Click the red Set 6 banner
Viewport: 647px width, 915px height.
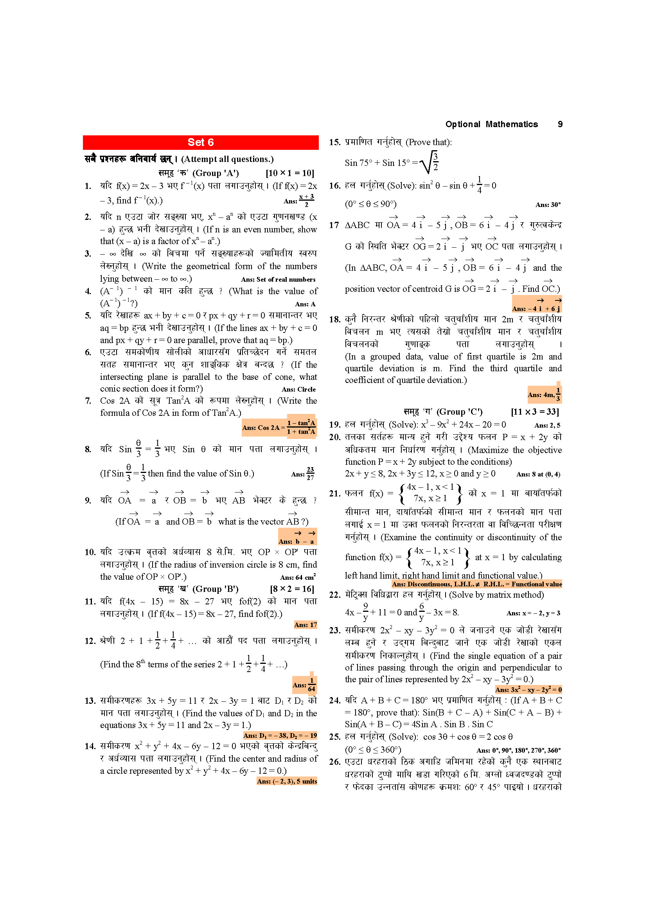200,142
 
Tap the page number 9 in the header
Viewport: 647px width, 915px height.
560,124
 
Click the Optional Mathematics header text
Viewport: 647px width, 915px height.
491,124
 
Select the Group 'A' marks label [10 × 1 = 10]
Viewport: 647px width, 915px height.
289,173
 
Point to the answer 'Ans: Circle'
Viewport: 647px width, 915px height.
298,389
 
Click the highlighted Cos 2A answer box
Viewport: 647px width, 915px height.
279,427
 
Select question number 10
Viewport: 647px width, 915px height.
90,552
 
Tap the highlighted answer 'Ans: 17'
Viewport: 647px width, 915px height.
305,624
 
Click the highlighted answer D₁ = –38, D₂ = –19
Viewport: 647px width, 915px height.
280,735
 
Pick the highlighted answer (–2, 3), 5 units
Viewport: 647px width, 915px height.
287,781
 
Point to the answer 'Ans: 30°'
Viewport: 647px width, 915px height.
548,205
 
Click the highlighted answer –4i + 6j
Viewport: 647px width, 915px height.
537,305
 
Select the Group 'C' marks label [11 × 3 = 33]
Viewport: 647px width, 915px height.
535,412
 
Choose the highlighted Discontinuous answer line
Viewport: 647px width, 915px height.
476,584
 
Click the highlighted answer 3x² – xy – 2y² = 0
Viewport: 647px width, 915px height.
528,689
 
